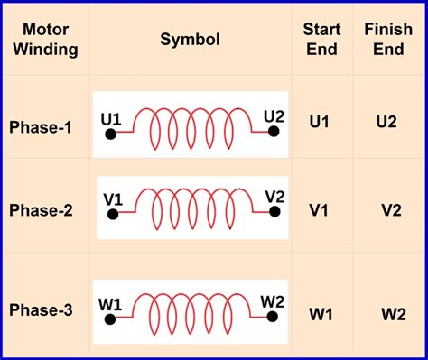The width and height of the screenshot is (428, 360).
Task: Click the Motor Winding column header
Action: click(45, 40)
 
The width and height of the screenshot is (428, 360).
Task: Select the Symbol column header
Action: click(190, 39)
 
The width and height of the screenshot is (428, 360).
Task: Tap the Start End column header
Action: click(321, 40)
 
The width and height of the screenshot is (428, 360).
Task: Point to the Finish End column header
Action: click(388, 40)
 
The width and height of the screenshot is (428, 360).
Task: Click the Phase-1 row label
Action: click(41, 127)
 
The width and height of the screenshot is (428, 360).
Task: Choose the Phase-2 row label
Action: click(41, 210)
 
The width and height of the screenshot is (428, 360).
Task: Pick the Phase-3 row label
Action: click(41, 309)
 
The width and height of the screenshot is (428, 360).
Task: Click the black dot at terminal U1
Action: click(111, 134)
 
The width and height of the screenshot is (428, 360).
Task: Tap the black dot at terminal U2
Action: click(274, 132)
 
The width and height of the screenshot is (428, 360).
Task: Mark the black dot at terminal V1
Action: click(113, 215)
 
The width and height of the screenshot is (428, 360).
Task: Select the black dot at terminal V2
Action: click(274, 212)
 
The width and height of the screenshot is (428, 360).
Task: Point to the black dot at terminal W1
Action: click(110, 319)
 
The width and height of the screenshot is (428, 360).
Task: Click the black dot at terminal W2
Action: click(273, 317)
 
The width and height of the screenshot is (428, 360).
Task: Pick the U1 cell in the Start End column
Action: click(319, 122)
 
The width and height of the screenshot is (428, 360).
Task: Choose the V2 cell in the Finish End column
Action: click(391, 210)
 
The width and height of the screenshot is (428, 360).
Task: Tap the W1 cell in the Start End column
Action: click(321, 315)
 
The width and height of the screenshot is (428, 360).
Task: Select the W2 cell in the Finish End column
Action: click(394, 315)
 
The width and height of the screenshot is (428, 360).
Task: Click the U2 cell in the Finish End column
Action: click(386, 122)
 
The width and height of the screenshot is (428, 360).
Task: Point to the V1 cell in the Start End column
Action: click(319, 210)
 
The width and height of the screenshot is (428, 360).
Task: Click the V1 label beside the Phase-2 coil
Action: click(113, 199)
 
